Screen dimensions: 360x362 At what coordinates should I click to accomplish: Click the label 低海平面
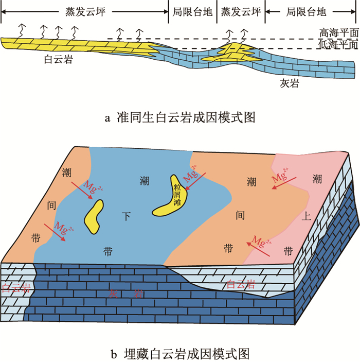(x=337, y=45)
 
